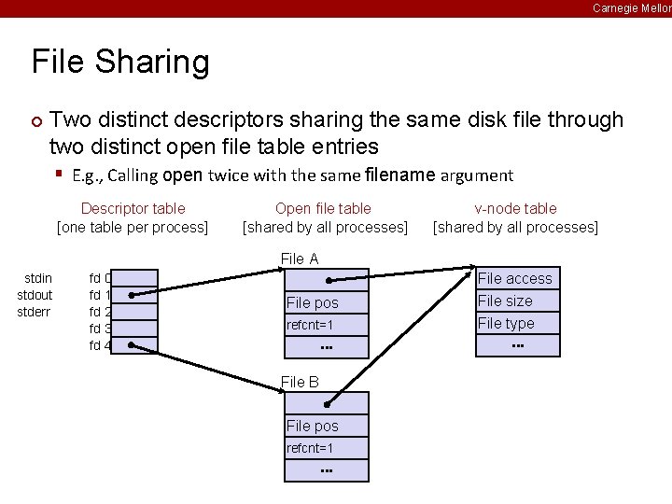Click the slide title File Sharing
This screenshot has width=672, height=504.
[x=120, y=63]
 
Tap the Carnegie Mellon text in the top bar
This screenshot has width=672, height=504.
[x=631, y=7]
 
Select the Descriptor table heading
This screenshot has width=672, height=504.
[x=133, y=209]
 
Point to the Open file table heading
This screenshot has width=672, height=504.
[x=323, y=209]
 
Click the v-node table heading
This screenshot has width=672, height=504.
[x=515, y=209]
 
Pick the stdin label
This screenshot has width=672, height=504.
[x=38, y=278]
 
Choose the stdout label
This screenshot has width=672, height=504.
[x=35, y=295]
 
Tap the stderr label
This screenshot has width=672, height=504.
[x=35, y=312]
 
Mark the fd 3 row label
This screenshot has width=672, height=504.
[x=100, y=329]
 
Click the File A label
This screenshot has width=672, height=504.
[x=300, y=259]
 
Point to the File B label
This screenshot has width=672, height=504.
[x=300, y=382]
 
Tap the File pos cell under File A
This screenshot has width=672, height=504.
[x=326, y=302]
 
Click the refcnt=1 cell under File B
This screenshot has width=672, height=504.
[x=326, y=448]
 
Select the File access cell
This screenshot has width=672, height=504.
[x=517, y=278]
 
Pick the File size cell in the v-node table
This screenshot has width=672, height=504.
[x=517, y=301]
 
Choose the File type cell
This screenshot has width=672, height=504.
[x=517, y=323]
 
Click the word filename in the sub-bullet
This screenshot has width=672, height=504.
[x=401, y=175]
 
